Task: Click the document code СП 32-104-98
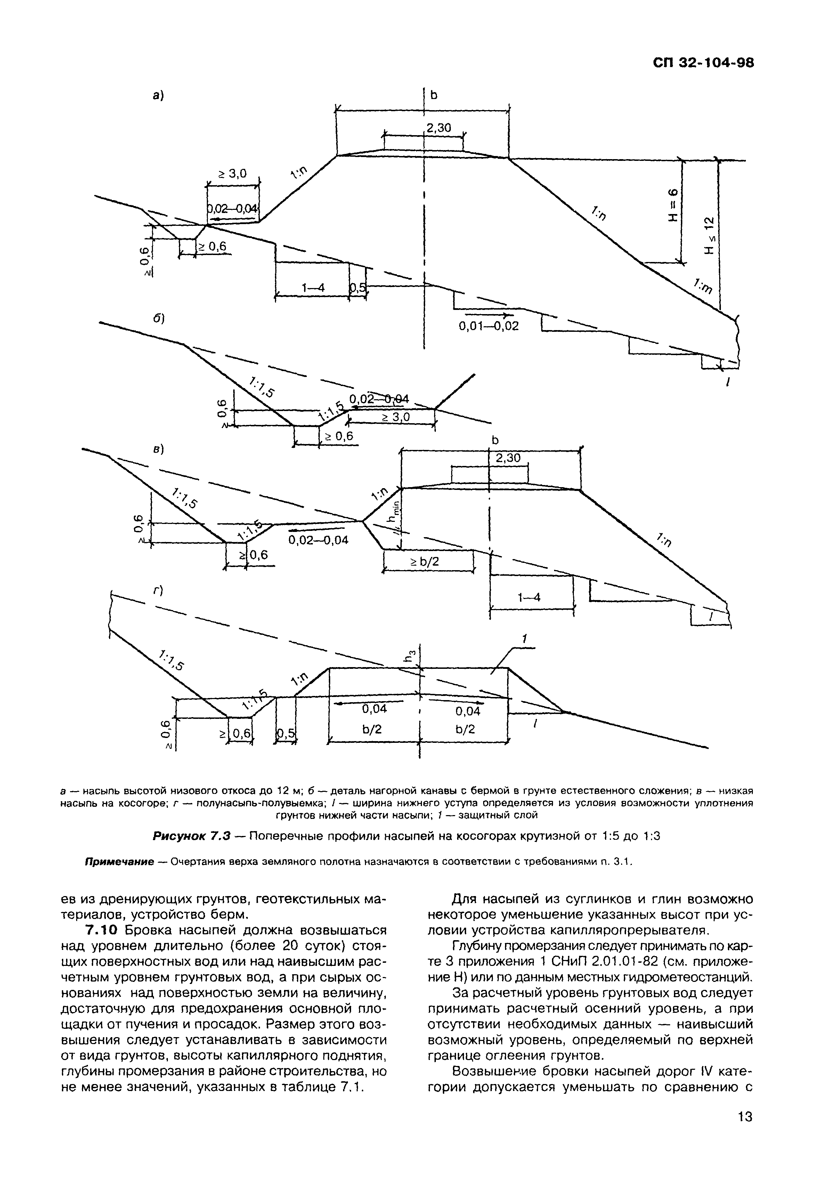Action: click(x=703, y=63)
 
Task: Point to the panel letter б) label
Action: click(x=158, y=319)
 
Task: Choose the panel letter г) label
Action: click(x=158, y=592)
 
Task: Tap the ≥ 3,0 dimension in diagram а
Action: click(x=231, y=174)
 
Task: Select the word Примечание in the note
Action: click(x=119, y=861)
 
